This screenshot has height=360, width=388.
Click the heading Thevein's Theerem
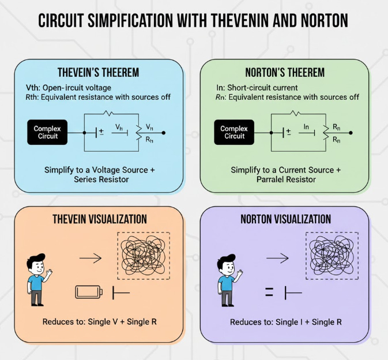[98, 73]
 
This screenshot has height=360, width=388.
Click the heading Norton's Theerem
[284, 73]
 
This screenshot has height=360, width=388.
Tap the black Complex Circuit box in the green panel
[234, 132]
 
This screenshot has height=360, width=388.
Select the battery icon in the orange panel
[89, 292]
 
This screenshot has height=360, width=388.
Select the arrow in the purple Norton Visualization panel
[278, 257]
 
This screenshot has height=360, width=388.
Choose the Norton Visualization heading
[285, 219]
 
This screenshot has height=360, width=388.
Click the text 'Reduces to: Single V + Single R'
[99, 321]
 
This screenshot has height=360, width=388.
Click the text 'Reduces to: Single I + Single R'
[285, 321]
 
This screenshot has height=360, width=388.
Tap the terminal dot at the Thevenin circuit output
[164, 133]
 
